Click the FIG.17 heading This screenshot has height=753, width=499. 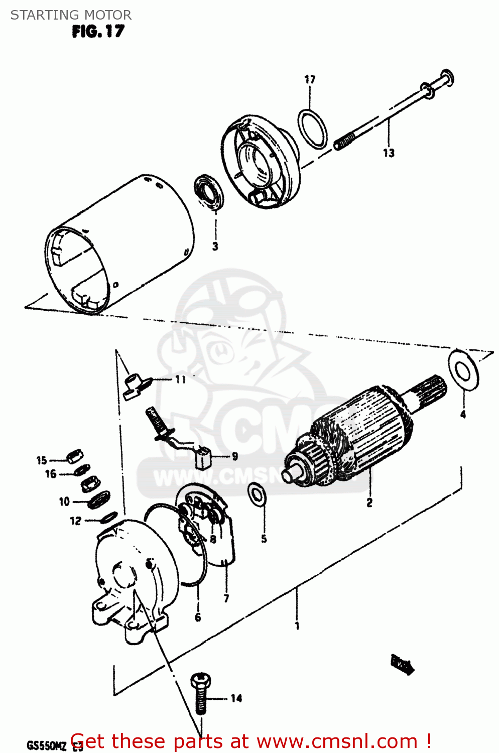(98, 32)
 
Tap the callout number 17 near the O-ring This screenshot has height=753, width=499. (310, 79)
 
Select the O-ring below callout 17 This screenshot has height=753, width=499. (313, 129)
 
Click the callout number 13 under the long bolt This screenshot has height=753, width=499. (389, 153)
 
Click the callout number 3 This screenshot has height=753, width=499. (215, 246)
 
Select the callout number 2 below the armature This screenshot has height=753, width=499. (369, 503)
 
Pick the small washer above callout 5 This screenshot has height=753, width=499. (257, 494)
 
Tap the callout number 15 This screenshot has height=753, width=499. (42, 460)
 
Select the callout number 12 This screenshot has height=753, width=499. (75, 521)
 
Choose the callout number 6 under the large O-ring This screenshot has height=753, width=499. (198, 617)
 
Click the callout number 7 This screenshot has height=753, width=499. (226, 598)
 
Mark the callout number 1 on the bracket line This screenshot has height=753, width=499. (297, 625)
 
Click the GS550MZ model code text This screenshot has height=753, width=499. (46, 745)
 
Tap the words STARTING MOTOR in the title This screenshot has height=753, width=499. (71, 15)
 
